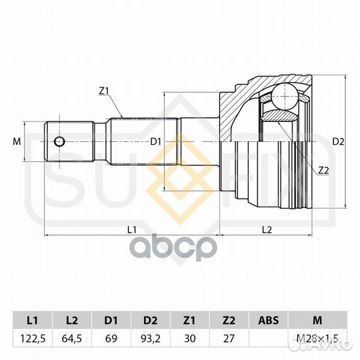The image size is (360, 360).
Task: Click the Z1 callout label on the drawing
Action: click(103, 91)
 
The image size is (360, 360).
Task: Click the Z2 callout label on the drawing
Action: click(323, 171)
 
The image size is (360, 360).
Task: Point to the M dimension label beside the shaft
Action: click(17, 141)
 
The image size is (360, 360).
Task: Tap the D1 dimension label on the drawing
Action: click(155, 142)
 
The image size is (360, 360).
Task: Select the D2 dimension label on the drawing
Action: click(339, 142)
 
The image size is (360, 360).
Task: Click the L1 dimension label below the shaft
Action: click(132, 229)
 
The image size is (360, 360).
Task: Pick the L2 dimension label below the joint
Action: click(267, 229)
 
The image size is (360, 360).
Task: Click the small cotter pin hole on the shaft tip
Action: click(59, 141)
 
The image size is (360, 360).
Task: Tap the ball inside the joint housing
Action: click(285, 96)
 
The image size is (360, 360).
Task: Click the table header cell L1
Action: click(33, 320)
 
